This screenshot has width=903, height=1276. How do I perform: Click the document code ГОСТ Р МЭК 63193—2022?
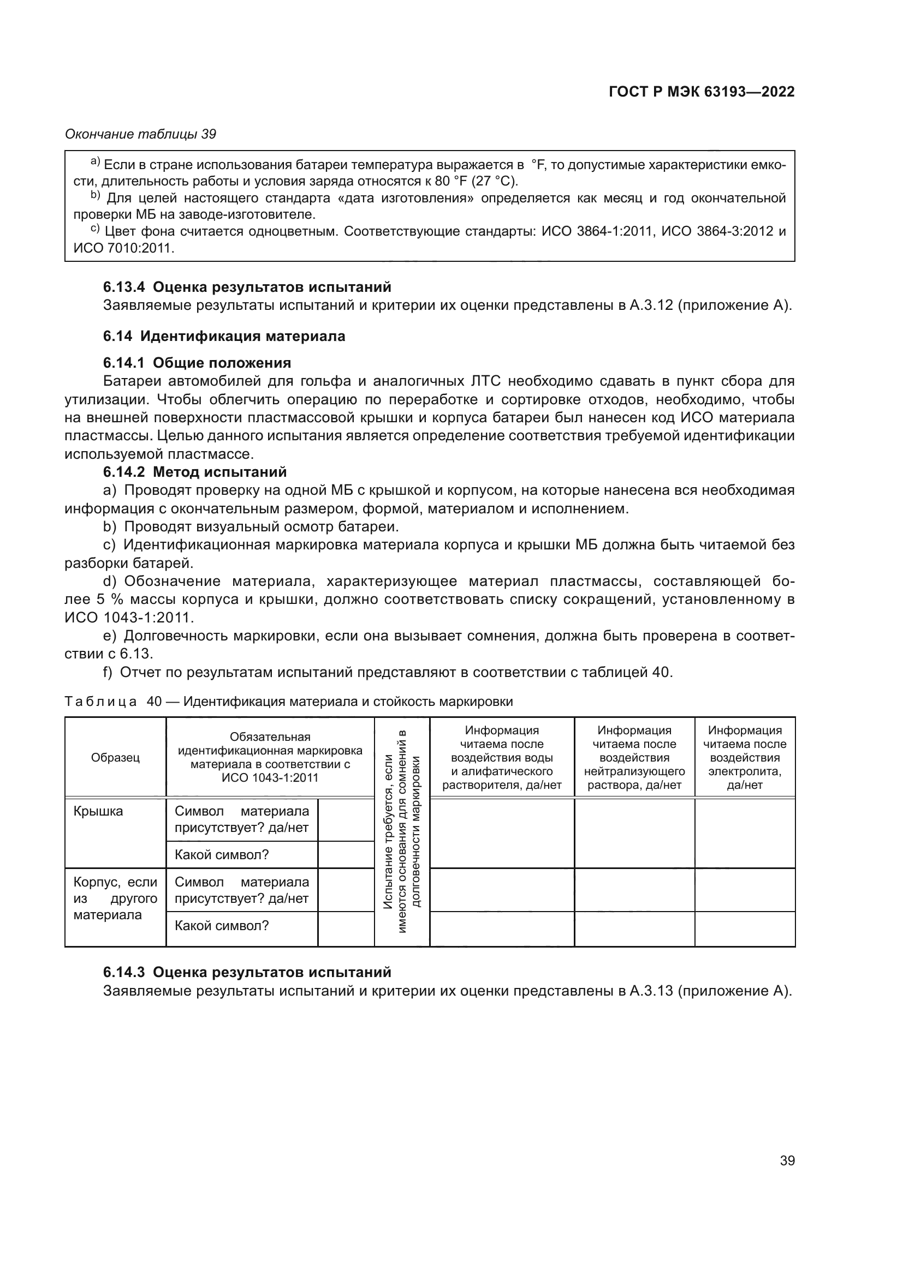701,92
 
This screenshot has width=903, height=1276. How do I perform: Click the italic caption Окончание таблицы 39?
140,134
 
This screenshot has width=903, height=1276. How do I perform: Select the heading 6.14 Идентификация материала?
223,336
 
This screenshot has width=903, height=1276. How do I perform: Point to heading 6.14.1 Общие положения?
197,363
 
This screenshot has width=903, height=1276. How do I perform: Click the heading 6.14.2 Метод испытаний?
194,472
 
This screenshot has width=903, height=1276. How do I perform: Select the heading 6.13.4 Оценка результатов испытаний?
247,287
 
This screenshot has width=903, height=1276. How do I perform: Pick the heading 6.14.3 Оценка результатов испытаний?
247,972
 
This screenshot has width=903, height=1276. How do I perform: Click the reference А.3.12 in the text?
651,305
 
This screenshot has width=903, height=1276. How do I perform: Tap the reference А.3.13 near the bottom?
651,990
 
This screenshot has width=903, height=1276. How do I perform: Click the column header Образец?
115,758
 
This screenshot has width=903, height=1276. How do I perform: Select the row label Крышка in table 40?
98,811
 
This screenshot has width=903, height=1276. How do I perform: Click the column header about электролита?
745,758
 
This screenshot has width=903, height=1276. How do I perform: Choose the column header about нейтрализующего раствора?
634,758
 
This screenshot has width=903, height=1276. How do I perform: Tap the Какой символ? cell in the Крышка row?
221,855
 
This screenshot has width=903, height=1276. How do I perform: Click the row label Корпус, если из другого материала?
115,898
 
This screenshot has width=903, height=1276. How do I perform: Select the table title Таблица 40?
288,702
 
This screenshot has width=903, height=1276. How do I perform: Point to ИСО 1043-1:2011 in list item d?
128,618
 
